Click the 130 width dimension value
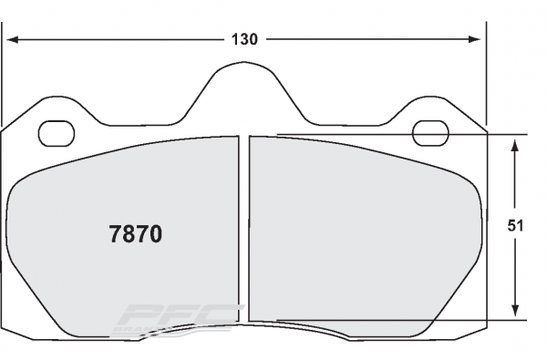[245, 39]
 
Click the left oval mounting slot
[57, 134]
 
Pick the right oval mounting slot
[430, 134]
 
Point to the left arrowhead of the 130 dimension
[13, 39]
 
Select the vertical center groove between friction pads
[244, 228]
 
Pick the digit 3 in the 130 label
[245, 39]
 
